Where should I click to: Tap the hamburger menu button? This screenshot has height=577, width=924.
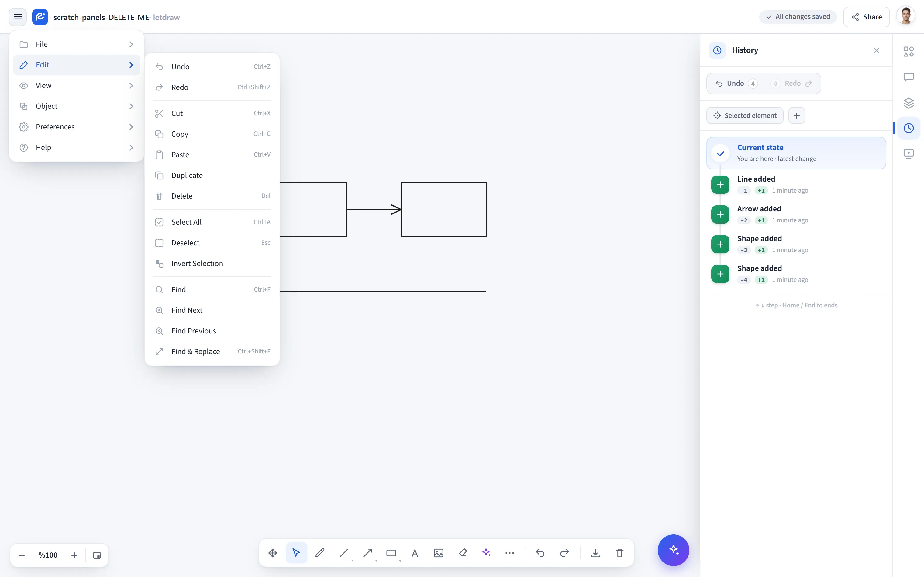(18, 17)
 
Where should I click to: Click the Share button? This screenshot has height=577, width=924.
(866, 17)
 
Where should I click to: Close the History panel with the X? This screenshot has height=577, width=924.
(877, 50)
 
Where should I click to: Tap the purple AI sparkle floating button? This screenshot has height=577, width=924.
(673, 550)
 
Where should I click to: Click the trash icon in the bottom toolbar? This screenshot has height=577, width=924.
(619, 553)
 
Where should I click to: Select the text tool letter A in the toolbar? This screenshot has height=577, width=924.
(415, 553)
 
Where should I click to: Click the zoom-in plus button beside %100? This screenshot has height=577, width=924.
(74, 555)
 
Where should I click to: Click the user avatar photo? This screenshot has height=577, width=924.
(906, 16)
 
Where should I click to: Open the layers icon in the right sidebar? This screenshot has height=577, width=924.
(909, 103)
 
